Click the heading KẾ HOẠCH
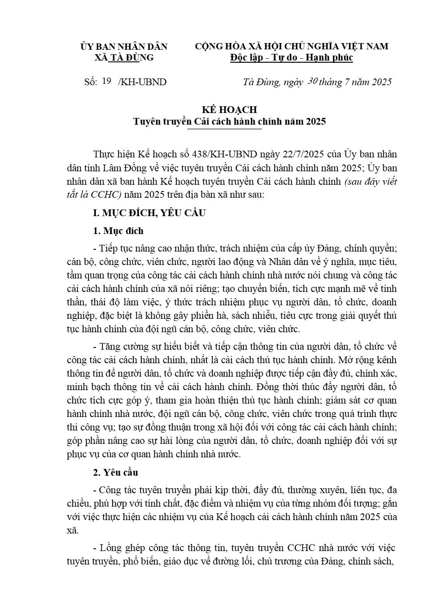click(229, 110)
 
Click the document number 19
click(106, 81)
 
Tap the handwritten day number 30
click(313, 81)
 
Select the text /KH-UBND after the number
click(142, 82)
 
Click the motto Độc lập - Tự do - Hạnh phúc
click(292, 57)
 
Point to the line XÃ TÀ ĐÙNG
click(124, 57)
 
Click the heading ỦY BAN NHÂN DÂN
click(124, 46)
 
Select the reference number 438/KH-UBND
click(224, 154)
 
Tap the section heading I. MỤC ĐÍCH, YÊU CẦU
click(149, 213)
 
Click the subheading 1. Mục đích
click(118, 231)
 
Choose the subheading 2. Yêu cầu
click(116, 473)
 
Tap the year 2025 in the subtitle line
click(315, 122)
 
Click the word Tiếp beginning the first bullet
click(109, 248)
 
